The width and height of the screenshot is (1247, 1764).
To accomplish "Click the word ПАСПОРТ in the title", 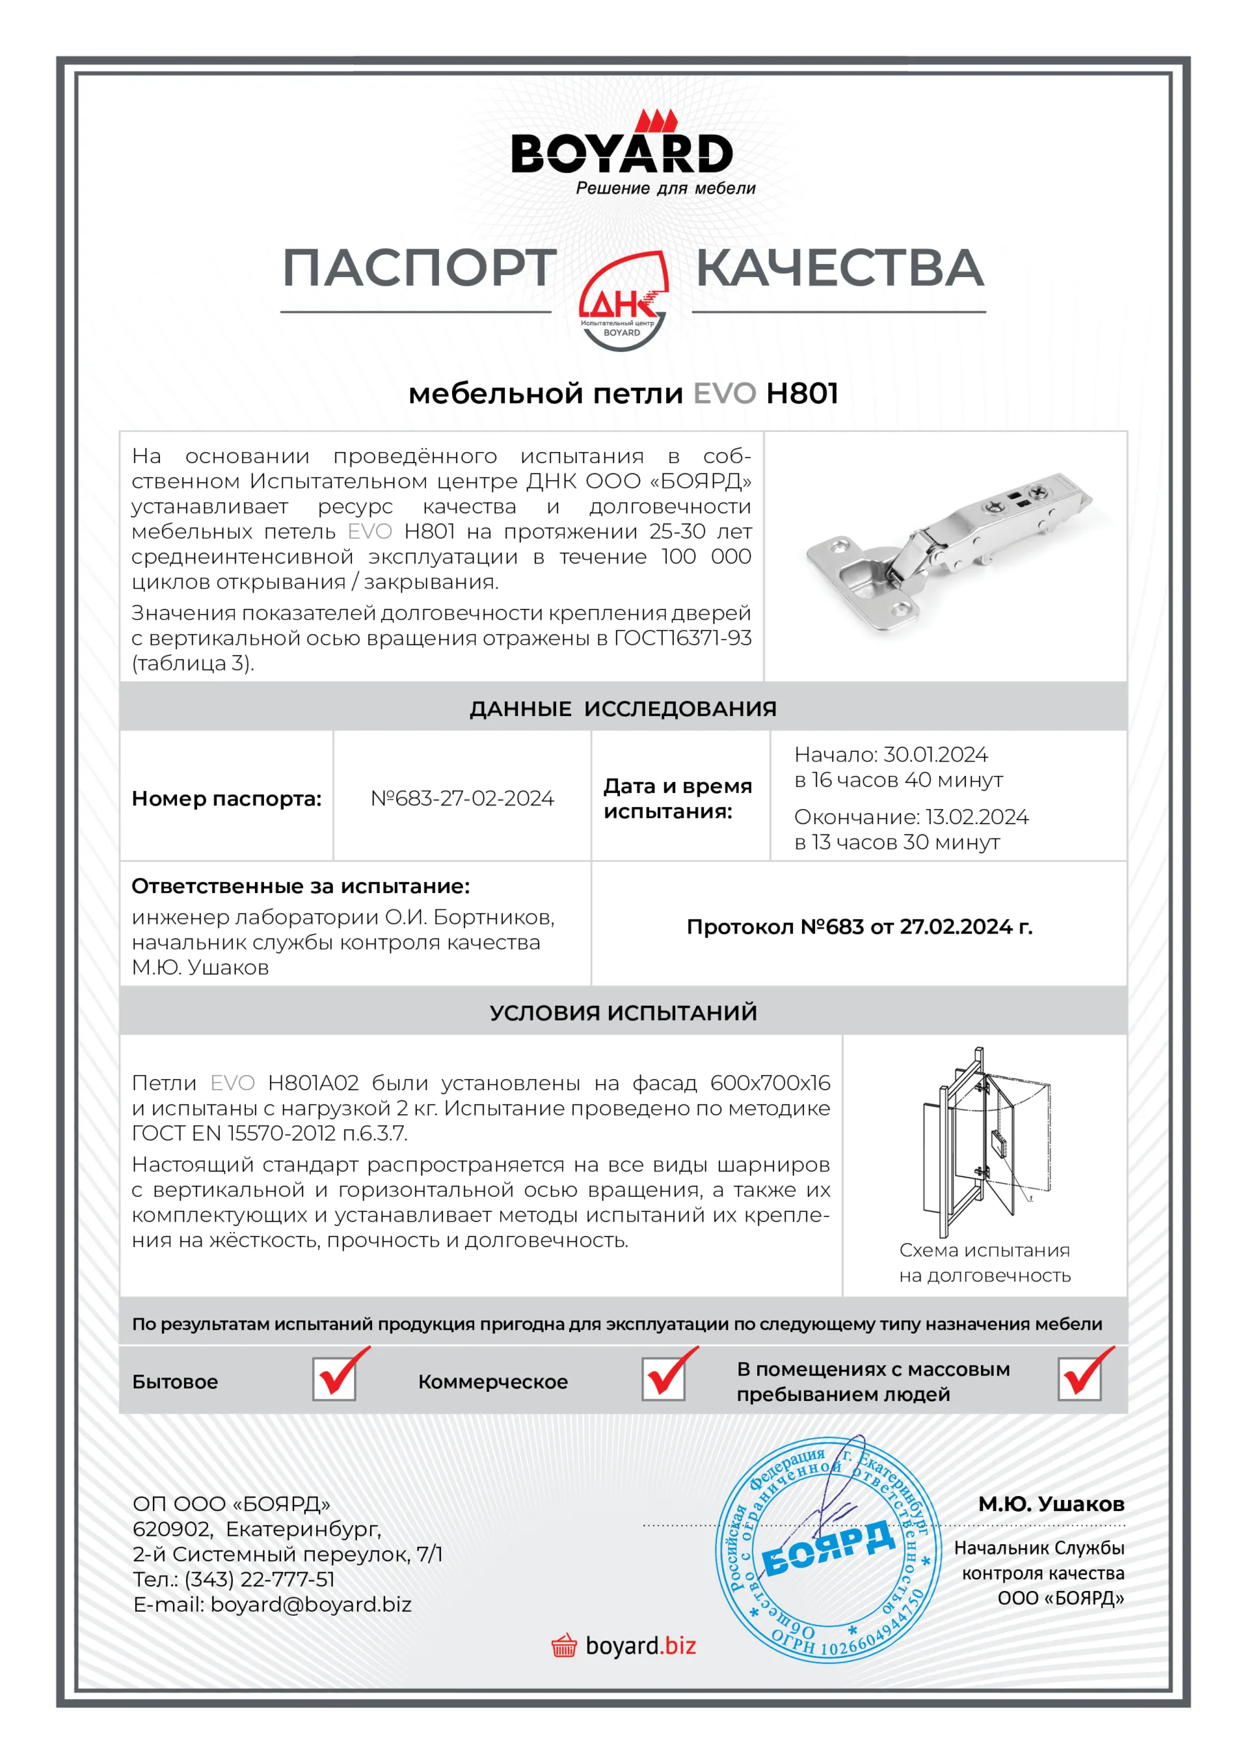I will [x=420, y=268].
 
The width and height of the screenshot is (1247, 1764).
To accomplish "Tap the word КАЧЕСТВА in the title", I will [x=840, y=268].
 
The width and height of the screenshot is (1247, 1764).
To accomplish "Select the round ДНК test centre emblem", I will [x=622, y=302].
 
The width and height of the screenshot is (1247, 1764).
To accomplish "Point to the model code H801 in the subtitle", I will [x=802, y=393].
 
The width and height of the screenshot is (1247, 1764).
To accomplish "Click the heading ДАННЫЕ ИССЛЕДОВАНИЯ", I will [x=623, y=708].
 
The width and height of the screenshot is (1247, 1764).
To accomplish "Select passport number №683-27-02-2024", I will [x=462, y=798].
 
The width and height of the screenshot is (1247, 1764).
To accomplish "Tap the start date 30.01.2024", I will [x=935, y=755].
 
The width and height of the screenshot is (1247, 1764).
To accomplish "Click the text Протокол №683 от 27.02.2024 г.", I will [x=859, y=927].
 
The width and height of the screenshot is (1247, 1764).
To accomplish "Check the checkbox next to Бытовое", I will [x=334, y=1379].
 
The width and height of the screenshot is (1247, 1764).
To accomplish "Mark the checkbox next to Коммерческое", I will [x=664, y=1379].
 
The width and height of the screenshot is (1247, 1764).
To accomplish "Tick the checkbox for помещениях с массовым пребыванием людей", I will [x=1080, y=1379].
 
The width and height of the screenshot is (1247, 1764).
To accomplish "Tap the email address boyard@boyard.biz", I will [x=311, y=1605].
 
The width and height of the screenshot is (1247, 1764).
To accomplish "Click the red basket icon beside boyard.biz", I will [x=564, y=1645].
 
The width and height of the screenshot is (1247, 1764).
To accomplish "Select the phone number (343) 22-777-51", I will [x=259, y=1579].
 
